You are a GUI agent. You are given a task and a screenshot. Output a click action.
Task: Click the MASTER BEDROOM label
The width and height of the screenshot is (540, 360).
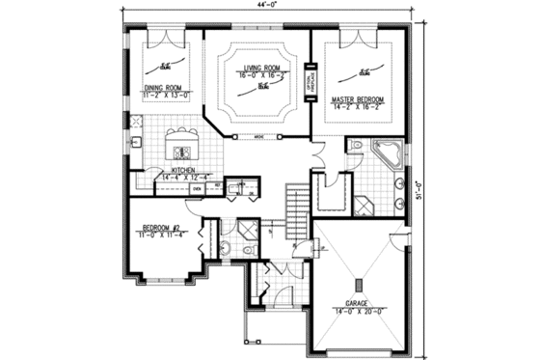coord(358,99)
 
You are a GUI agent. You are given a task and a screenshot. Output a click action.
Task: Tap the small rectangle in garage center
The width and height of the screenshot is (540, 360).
coord(357,285)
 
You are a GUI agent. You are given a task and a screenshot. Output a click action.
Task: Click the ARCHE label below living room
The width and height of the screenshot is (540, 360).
coord(259,137)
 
